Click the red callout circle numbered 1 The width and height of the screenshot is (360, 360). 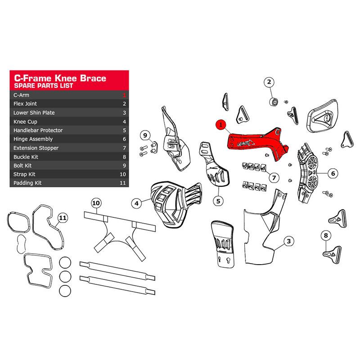pos(220,125)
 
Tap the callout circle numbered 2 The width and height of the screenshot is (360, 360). pos(269,82)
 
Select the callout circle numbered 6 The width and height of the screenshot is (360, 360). pos(333,173)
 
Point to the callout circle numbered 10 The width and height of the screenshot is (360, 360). pos(96,203)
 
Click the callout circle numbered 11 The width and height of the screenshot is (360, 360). pos(63,218)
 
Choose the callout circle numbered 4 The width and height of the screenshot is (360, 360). pos(137,203)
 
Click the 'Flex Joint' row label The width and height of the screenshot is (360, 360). pos(25,104)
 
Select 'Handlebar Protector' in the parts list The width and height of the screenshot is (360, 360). pos(38,130)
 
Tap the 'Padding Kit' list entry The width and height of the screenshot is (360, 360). pos(27,183)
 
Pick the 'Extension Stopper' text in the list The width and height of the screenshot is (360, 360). pos(36,148)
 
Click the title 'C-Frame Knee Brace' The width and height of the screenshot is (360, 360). pos(60,78)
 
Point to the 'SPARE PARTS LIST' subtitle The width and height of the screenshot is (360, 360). pos(43,85)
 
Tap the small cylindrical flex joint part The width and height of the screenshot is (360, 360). pos(274,101)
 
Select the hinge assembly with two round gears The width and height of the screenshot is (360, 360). pos(308,173)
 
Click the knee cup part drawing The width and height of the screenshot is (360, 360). pos(175,204)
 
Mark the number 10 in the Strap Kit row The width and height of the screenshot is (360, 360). pos(122,174)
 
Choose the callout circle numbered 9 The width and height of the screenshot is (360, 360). pos(145,135)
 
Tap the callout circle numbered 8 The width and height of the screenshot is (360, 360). pos(325,235)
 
